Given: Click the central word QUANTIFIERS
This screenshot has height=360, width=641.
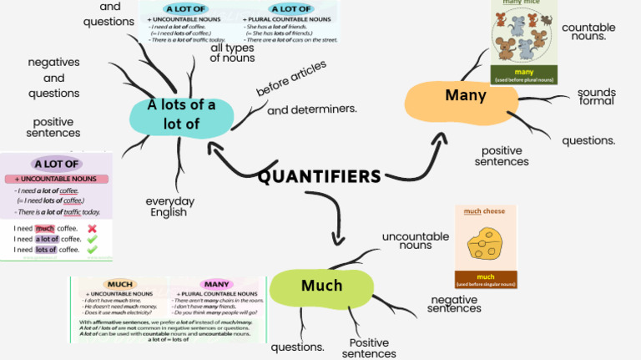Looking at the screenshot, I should [x=319, y=176].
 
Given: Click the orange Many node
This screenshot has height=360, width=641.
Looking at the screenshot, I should [x=465, y=96].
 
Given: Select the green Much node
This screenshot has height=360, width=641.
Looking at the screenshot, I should [x=321, y=286].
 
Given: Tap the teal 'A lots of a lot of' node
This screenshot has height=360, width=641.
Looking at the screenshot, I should [x=181, y=115].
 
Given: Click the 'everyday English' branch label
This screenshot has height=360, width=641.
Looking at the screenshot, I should [x=169, y=207].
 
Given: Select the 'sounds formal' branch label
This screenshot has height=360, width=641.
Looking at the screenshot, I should [x=596, y=97].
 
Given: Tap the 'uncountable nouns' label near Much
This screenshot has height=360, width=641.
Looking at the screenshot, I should [x=415, y=241].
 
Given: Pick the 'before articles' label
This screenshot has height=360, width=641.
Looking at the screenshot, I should [x=291, y=77].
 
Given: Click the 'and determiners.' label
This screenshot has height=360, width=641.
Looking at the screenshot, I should [x=312, y=109].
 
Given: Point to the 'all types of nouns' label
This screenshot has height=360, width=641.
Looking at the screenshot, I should [x=233, y=53].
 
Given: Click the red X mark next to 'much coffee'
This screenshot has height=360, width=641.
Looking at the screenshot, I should [x=92, y=228].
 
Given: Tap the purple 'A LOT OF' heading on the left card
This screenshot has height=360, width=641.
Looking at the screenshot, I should [x=57, y=164].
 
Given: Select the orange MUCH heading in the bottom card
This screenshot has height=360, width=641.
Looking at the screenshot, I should [x=121, y=284].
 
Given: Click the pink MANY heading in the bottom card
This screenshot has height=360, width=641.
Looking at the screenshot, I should [x=216, y=284].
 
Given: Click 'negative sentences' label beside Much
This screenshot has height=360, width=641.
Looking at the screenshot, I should [x=454, y=304].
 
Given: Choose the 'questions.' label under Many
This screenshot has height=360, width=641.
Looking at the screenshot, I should [x=588, y=140].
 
